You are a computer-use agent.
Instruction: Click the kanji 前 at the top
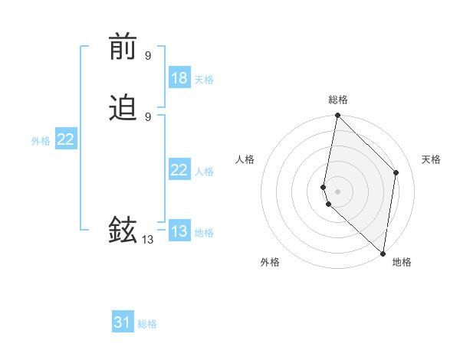pos(123,48)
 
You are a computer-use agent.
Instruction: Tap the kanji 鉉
pos(123,230)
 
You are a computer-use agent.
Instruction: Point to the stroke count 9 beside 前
pos(148,55)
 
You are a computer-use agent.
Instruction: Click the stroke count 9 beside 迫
pos(148,116)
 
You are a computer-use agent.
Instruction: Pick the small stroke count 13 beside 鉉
pos(147,239)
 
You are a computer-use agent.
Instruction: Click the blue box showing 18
pos(179,78)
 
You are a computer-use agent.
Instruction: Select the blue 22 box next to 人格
pos(179,170)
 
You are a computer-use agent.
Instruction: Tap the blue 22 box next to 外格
pos(66,139)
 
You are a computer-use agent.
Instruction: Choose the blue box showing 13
pos(179,231)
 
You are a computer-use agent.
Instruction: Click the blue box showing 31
pos(123,322)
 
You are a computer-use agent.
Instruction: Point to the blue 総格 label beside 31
pos(147,324)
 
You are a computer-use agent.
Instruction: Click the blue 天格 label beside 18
pos(204,80)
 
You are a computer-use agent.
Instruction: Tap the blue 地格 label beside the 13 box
pos(204,233)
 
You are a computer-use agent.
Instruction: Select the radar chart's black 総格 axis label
pos(337,100)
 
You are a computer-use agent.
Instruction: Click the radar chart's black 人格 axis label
pos(245,159)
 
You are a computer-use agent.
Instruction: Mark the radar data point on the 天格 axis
pos(396,172)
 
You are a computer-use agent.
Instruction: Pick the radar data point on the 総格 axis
pos(337,116)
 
